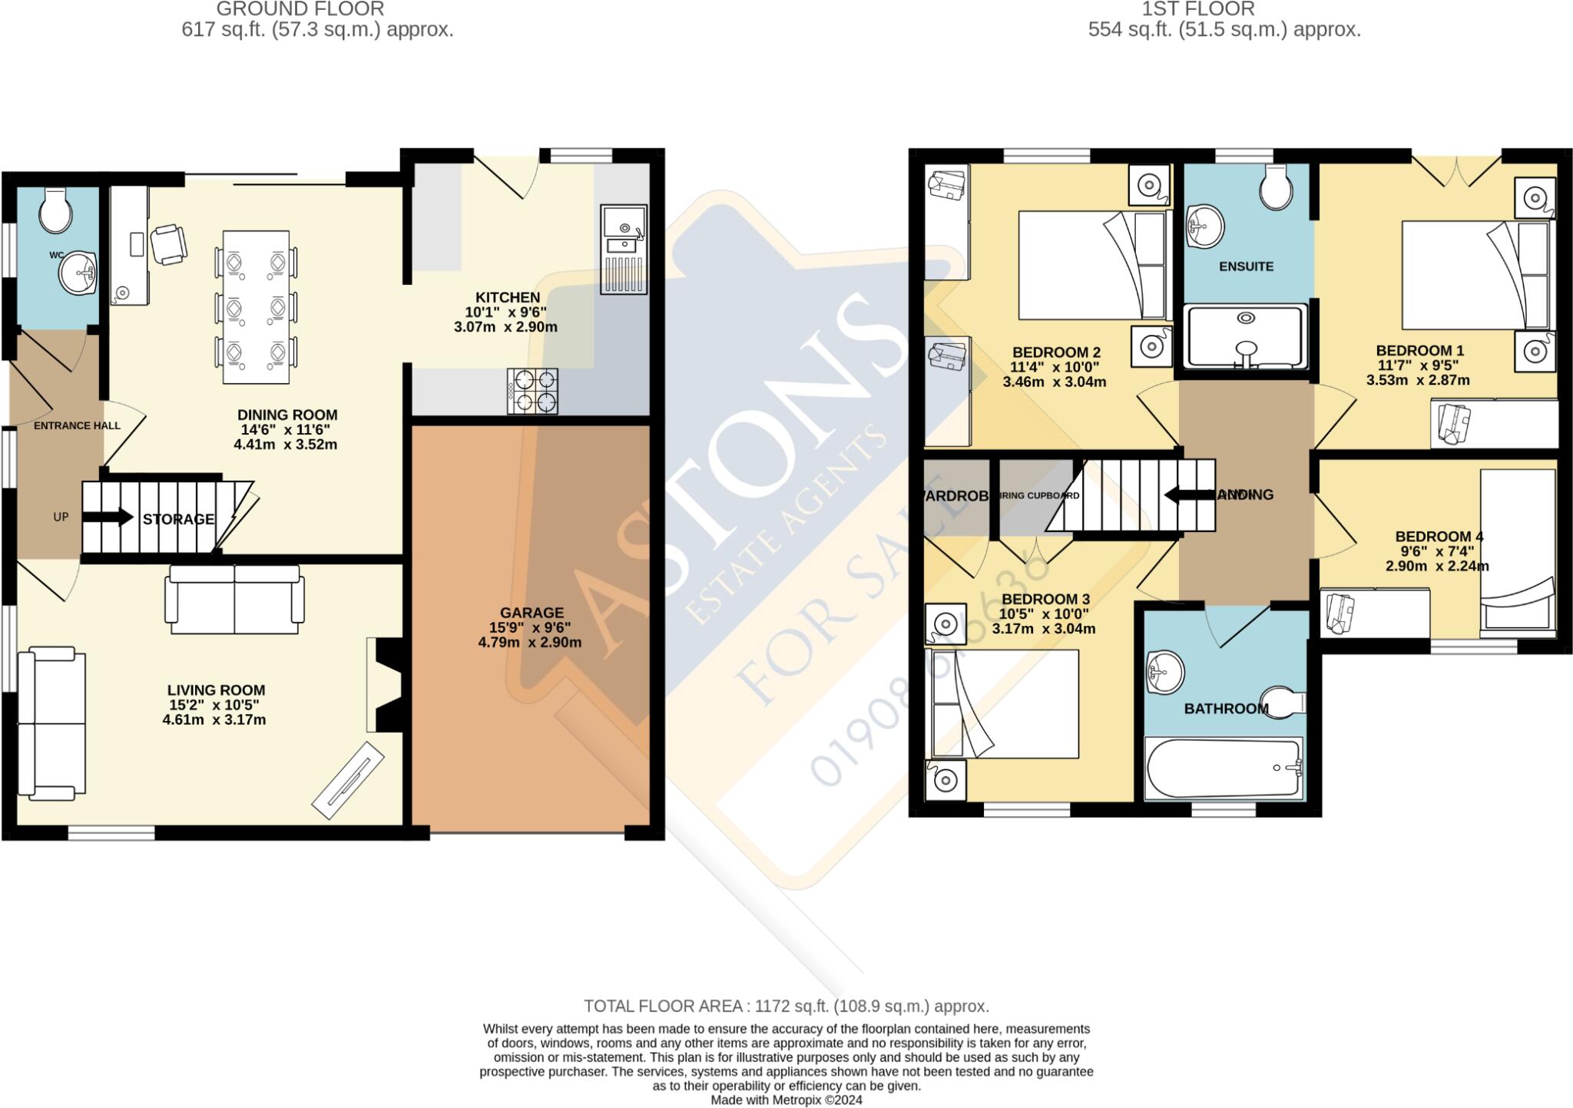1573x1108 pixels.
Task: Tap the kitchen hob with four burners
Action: [x=532, y=391]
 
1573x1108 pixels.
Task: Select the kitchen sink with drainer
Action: [x=624, y=249]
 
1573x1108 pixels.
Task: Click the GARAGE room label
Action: [x=532, y=613]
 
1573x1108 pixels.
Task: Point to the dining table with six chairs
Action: [x=257, y=307]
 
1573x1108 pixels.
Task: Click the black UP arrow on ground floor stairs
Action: [x=108, y=517]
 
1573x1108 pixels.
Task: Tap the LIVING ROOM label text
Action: [x=216, y=690]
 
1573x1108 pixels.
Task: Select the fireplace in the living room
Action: [x=384, y=685]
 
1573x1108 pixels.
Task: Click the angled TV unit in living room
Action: [x=348, y=780]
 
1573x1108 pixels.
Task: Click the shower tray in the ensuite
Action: [x=1246, y=336]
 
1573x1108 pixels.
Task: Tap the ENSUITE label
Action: [x=1246, y=266]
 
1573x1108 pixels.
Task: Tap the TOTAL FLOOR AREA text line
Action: [x=786, y=1006]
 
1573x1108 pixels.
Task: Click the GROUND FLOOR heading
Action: [x=300, y=9]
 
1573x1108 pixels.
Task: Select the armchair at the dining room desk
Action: [x=168, y=245]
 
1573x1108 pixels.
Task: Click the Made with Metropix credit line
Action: [x=786, y=1100]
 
